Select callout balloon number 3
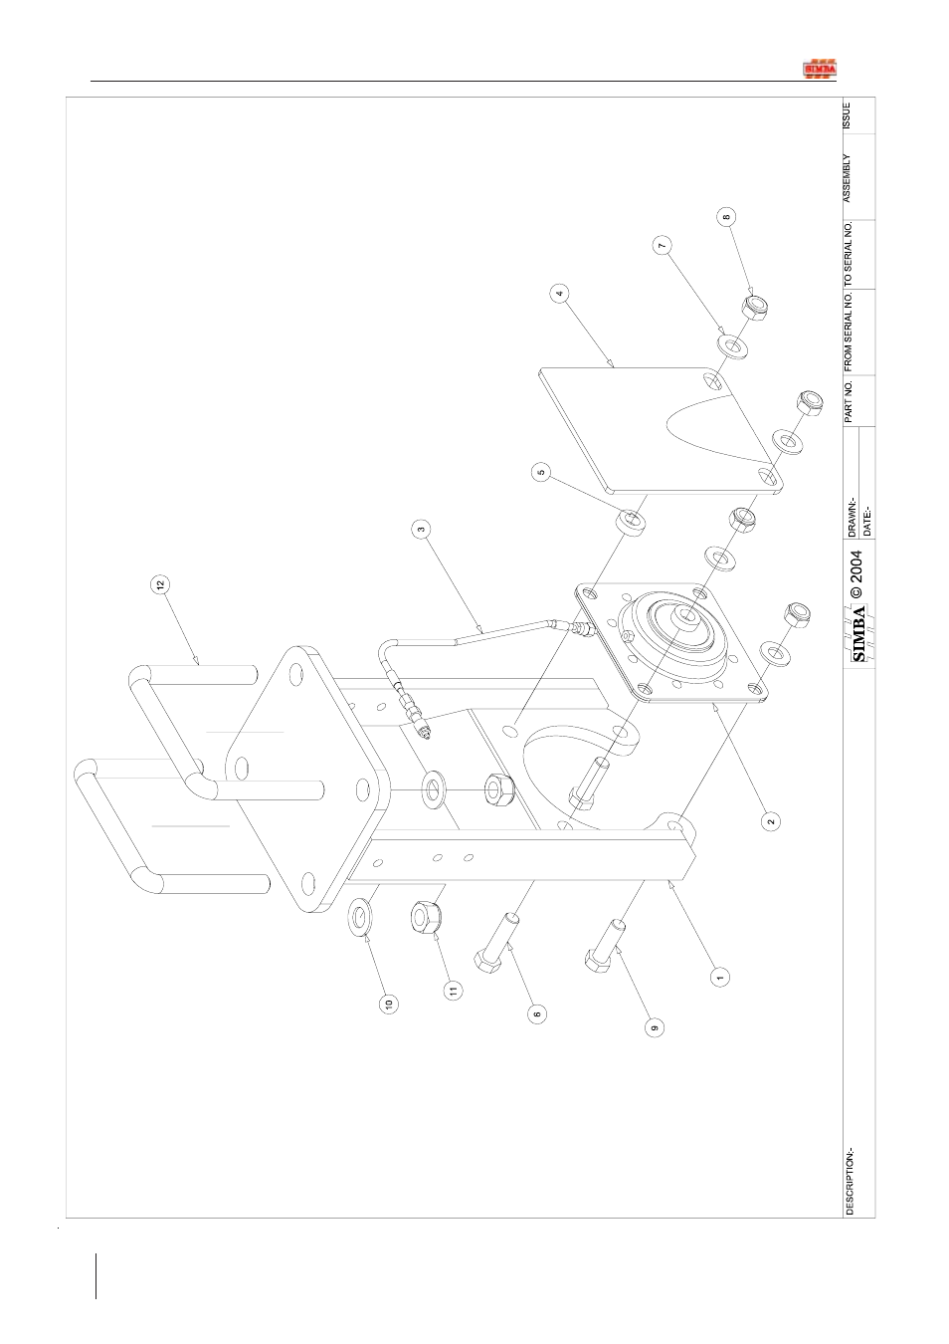(421, 530)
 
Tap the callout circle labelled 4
(559, 294)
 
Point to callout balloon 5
(541, 473)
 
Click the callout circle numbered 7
(662, 245)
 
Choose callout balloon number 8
(726, 217)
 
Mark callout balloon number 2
(771, 820)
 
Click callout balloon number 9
(655, 1027)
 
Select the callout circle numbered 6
(536, 1014)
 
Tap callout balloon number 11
(454, 990)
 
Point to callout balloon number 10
(390, 1004)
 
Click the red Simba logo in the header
(820, 69)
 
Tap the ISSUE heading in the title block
(847, 115)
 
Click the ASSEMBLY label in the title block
(847, 178)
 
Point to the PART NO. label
(849, 401)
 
